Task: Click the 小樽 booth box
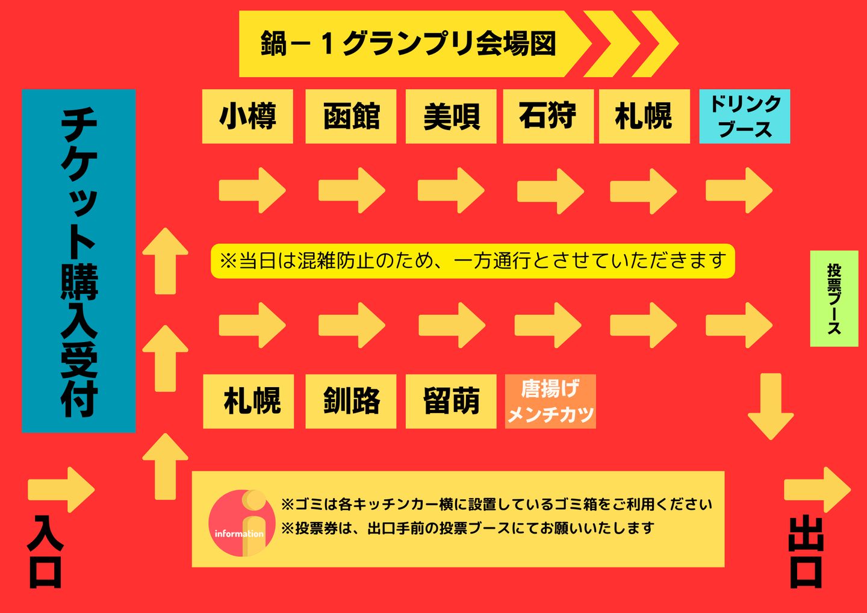[x=247, y=116]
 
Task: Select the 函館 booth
[x=351, y=116]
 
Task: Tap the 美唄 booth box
[x=451, y=116]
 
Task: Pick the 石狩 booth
[x=548, y=116]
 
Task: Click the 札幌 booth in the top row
[x=644, y=116]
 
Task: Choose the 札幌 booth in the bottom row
[x=249, y=401]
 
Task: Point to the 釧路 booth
[x=351, y=401]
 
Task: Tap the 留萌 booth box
[x=451, y=401]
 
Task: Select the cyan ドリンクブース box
[x=744, y=116]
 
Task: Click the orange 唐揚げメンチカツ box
[x=550, y=401]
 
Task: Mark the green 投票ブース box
[x=834, y=299]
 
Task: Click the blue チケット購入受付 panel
[x=79, y=261]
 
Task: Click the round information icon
[x=241, y=523]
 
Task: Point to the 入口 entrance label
[x=46, y=551]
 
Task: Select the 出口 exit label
[x=806, y=551]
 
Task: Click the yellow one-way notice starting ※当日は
[x=473, y=261]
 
